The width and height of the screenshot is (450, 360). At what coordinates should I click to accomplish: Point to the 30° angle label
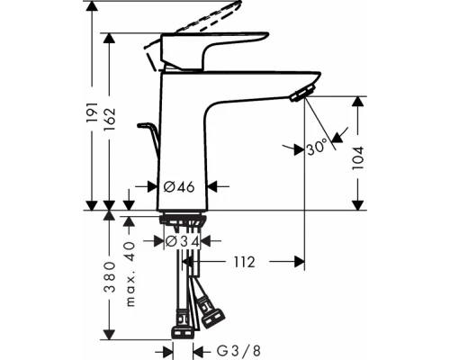316,148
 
